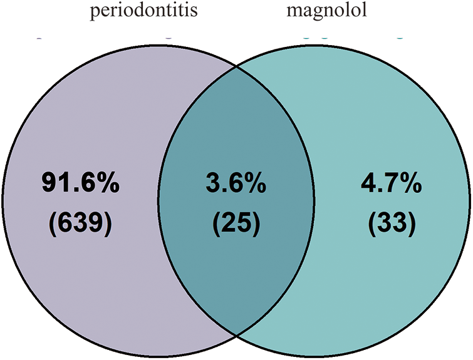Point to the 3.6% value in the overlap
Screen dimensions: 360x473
[235, 185]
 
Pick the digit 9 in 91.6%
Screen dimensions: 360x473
[49, 185]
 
